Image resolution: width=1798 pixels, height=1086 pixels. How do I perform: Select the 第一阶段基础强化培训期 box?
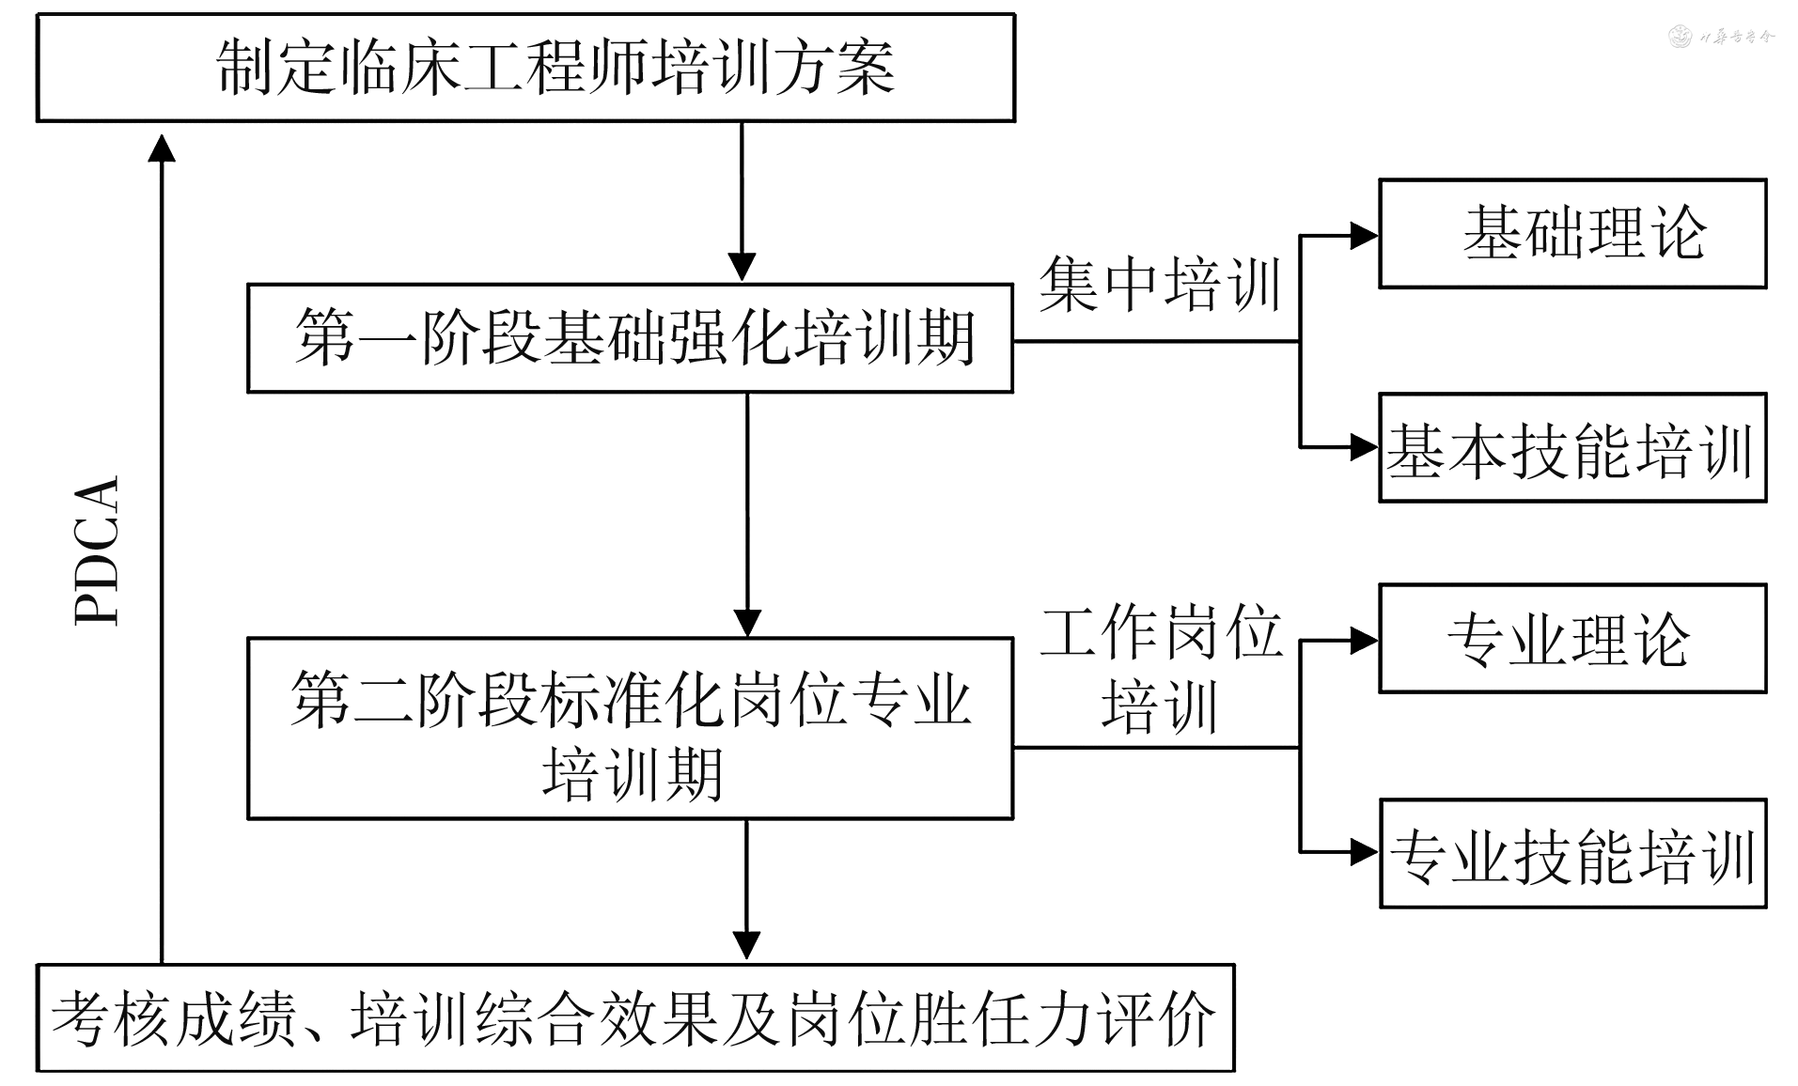[x=630, y=338]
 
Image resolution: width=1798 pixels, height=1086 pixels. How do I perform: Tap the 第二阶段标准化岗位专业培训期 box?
[x=630, y=729]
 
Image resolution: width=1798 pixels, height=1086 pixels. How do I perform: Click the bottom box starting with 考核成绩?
[x=635, y=1018]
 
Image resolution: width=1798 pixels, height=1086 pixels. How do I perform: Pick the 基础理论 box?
[x=1572, y=233]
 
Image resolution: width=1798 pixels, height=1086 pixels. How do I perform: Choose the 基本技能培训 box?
[x=1572, y=448]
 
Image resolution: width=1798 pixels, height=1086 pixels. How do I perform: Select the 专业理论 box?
[x=1572, y=639]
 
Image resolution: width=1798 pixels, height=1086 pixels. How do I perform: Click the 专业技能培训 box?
[x=1572, y=854]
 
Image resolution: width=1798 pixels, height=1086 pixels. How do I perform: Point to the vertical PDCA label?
[x=98, y=551]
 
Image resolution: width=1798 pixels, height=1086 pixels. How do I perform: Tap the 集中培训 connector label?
[x=1161, y=285]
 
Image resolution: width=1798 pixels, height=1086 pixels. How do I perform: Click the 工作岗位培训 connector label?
[x=1161, y=668]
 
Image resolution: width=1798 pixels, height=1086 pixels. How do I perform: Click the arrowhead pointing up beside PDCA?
[x=163, y=148]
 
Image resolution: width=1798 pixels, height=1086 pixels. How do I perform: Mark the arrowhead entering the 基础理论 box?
[x=1364, y=235]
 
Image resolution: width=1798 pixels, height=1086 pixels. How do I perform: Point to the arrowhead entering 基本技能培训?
[x=1364, y=446]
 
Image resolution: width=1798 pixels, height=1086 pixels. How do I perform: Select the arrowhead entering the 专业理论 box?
[x=1364, y=641]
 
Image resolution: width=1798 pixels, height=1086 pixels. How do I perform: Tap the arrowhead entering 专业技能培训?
[x=1364, y=852]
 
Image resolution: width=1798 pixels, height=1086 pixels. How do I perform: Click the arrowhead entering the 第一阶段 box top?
[x=743, y=267]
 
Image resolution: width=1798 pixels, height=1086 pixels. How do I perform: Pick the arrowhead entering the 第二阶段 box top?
[x=747, y=623]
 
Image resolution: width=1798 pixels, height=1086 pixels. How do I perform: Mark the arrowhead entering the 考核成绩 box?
[x=746, y=945]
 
